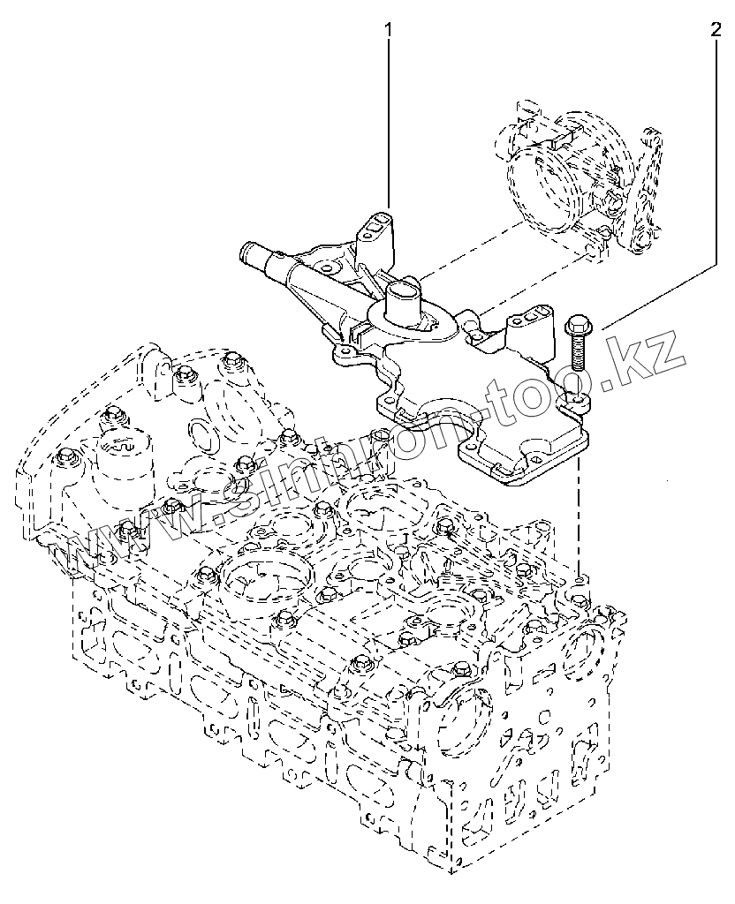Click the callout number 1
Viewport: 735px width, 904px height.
point(387,32)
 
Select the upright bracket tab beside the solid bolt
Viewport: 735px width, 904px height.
point(534,324)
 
